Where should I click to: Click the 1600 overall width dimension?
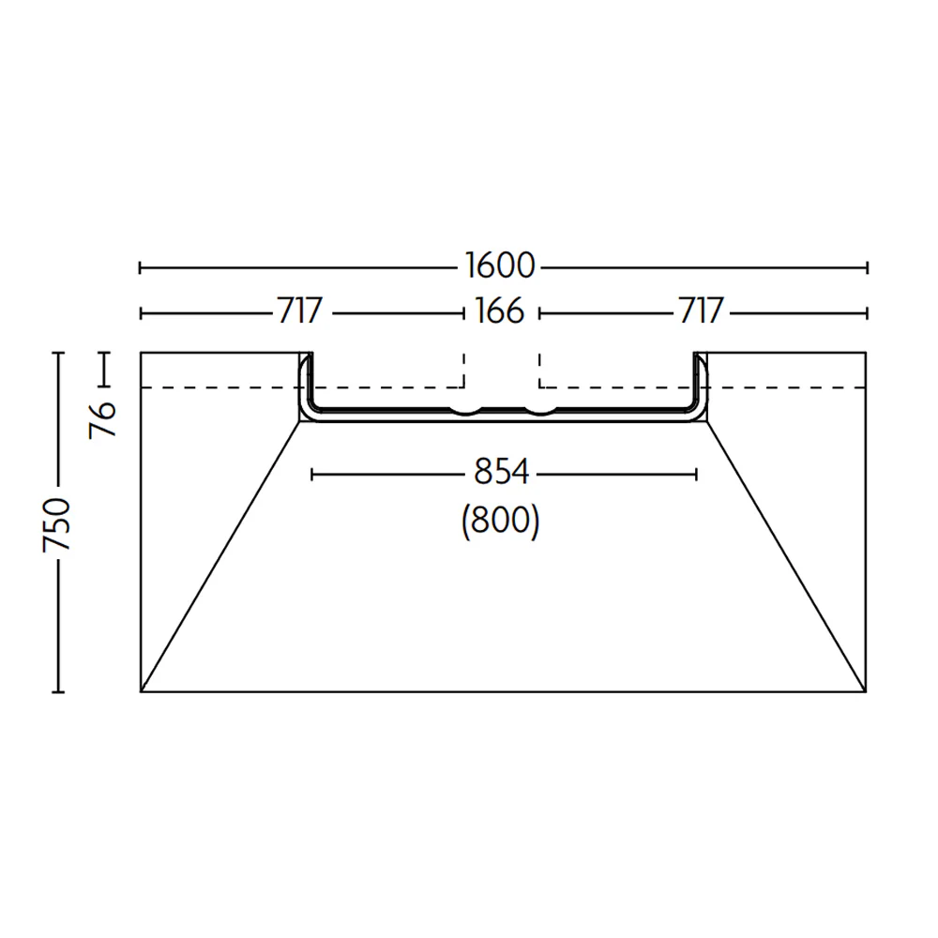(500, 266)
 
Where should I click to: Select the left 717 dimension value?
(300, 311)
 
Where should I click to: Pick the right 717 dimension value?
(701, 311)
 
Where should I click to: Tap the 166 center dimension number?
(500, 311)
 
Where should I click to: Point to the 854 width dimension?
(501, 472)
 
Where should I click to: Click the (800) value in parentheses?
(501, 521)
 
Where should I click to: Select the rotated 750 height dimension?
(57, 524)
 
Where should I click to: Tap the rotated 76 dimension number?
(102, 420)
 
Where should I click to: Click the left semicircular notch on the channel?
(466, 411)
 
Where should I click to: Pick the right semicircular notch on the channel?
(541, 411)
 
